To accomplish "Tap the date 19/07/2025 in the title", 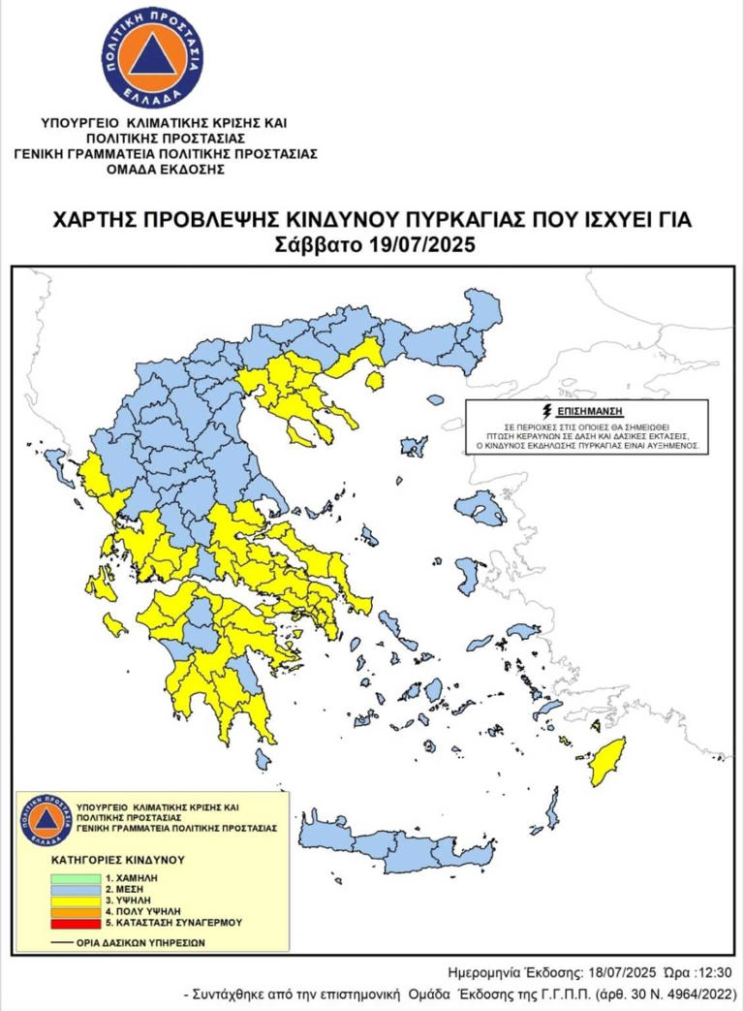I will (x=423, y=245).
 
